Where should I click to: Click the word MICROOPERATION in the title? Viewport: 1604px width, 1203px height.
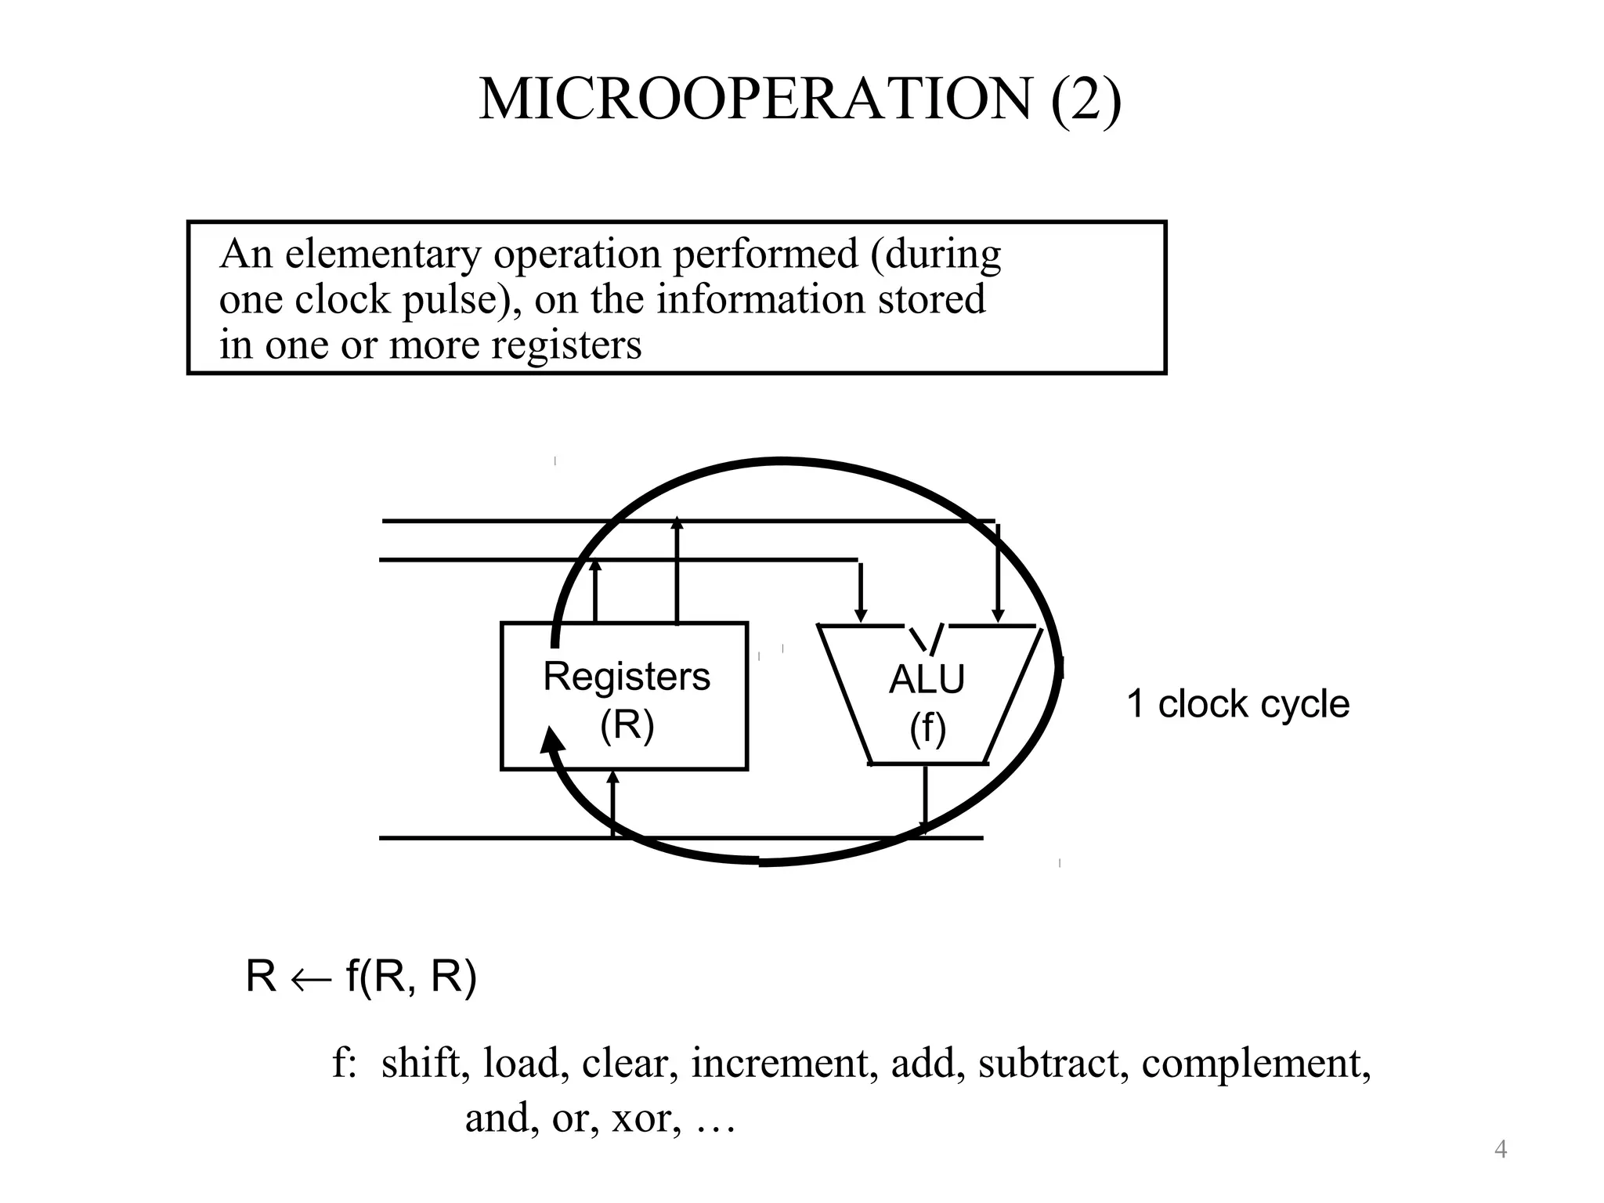tap(756, 99)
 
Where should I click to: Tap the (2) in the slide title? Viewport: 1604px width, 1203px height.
tap(1086, 99)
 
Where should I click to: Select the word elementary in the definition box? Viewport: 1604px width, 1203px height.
tap(383, 254)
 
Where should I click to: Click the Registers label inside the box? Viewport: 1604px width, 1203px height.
tap(627, 677)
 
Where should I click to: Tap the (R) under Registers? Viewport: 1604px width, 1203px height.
tap(627, 724)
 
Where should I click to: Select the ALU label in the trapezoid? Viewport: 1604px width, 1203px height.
tap(927, 679)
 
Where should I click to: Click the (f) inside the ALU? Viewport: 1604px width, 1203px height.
tap(927, 728)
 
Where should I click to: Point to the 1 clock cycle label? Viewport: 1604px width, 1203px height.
tap(1237, 704)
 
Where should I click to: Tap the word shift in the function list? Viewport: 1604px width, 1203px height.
tap(421, 1064)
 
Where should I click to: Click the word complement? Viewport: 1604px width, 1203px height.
tap(1255, 1064)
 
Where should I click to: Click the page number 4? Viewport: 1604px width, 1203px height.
tap(1501, 1150)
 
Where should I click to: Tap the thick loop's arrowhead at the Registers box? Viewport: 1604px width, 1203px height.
tap(552, 740)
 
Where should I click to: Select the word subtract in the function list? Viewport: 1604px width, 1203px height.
tap(1049, 1064)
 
